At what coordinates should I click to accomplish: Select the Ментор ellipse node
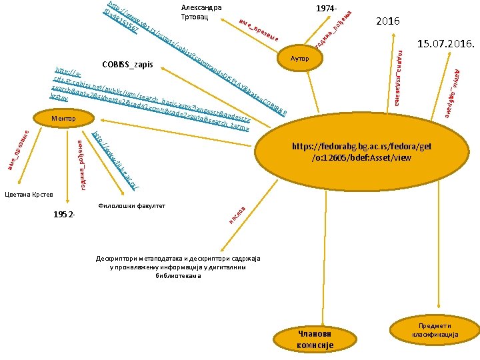click(64, 119)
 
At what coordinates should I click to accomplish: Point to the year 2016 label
click(387, 21)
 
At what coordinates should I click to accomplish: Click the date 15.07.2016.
click(445, 45)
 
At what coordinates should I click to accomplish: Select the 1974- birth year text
click(327, 8)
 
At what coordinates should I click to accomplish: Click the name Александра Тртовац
click(201, 12)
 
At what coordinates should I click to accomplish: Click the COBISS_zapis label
click(127, 65)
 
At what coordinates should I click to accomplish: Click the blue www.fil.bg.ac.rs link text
click(117, 160)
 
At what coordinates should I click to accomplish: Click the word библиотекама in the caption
click(177, 275)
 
